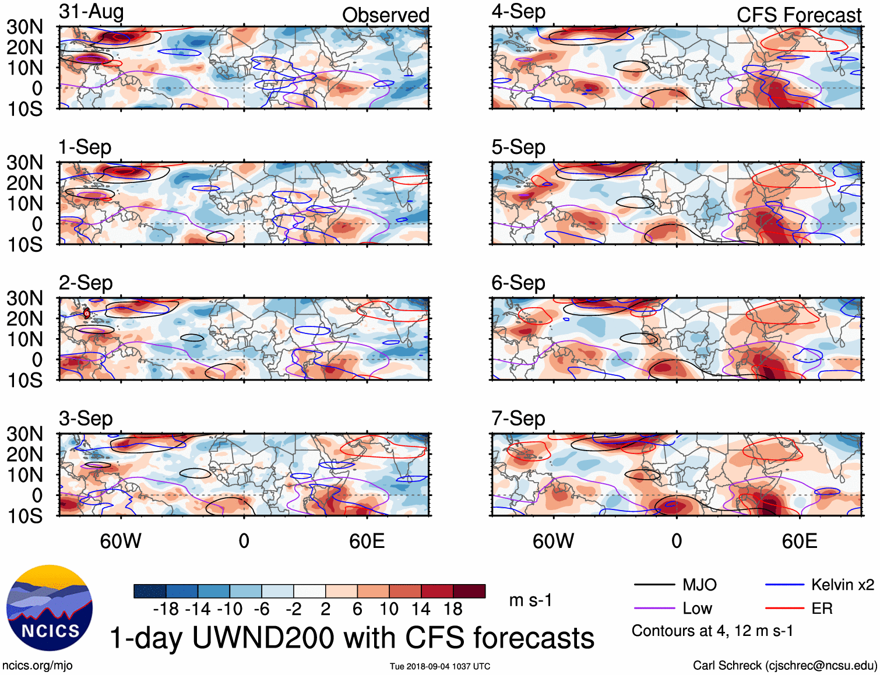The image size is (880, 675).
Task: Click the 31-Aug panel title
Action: pyautogui.click(x=91, y=12)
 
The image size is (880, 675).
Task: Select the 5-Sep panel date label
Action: pyautogui.click(x=518, y=147)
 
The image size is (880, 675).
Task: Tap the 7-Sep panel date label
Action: pyautogui.click(x=518, y=419)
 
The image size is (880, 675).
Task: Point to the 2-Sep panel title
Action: pyautogui.click(x=86, y=283)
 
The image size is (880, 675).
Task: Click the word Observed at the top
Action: pyautogui.click(x=385, y=15)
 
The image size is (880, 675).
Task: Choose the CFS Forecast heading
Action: pyautogui.click(x=798, y=15)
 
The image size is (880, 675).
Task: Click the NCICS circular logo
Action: pyautogui.click(x=50, y=608)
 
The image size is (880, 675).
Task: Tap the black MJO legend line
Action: pyautogui.click(x=654, y=585)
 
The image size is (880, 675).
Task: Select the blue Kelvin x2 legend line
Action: pyautogui.click(x=784, y=585)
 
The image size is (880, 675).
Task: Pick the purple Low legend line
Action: pyautogui.click(x=654, y=609)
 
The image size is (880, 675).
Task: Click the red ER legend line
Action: pyautogui.click(x=784, y=609)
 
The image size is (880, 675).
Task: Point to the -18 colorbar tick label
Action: pyautogui.click(x=166, y=609)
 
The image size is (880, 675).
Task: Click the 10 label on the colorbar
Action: pyautogui.click(x=389, y=609)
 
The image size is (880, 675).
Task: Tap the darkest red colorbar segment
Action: pyautogui.click(x=469, y=591)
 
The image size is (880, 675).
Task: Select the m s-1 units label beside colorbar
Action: pyautogui.click(x=530, y=600)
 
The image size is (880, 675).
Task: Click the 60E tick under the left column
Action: pyautogui.click(x=367, y=541)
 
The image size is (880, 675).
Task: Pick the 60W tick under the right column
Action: pyautogui.click(x=553, y=541)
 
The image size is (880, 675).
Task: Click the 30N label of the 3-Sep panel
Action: pyautogui.click(x=25, y=434)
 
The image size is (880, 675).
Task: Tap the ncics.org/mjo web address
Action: pyautogui.click(x=37, y=666)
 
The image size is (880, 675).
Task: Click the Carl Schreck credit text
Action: pyautogui.click(x=784, y=666)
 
